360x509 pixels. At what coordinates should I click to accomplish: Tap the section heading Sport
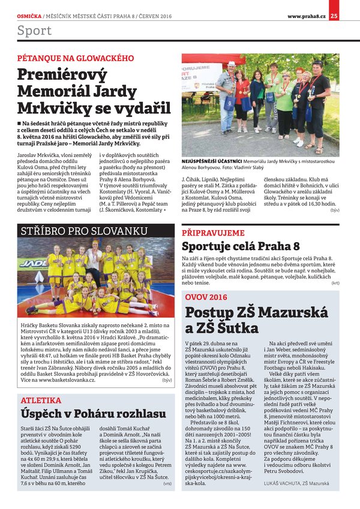pyautogui.click(x=34, y=31)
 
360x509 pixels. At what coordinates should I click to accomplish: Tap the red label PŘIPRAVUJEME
pyautogui.click(x=213, y=232)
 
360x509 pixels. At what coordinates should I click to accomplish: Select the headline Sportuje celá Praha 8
pyautogui.click(x=241, y=246)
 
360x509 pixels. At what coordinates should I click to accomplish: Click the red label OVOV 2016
pyautogui.click(x=206, y=297)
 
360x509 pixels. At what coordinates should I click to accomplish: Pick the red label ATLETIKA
pyautogui.click(x=41, y=400)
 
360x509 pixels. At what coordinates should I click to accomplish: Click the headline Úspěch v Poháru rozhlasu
pyautogui.click(x=93, y=414)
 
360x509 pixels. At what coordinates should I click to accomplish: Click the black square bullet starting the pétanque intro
pyautogui.click(x=19, y=122)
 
